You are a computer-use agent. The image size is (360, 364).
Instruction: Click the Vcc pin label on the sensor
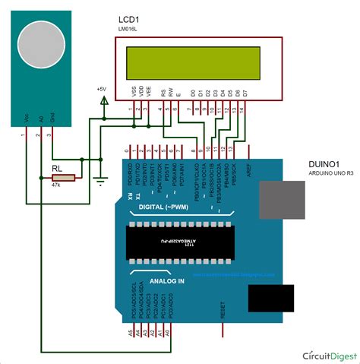point(27,120)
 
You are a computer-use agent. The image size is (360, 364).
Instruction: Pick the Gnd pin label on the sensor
point(52,120)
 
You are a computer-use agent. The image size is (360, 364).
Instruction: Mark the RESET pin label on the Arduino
point(223,309)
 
